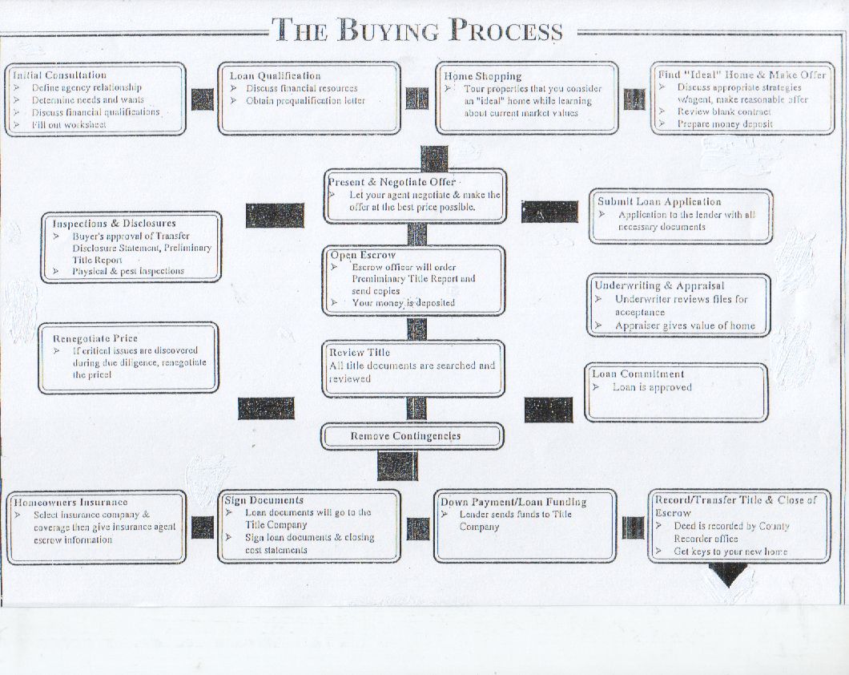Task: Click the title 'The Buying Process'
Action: pyautogui.click(x=417, y=30)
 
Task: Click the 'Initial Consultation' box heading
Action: pyautogui.click(x=59, y=75)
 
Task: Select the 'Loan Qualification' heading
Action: pyautogui.click(x=275, y=76)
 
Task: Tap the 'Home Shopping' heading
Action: pyautogui.click(x=483, y=76)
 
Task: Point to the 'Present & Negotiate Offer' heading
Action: pyautogui.click(x=392, y=182)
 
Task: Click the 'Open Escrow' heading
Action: pyautogui.click(x=363, y=255)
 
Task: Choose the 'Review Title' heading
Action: pyautogui.click(x=360, y=353)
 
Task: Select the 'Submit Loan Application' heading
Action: pyautogui.click(x=659, y=202)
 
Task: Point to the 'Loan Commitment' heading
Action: pyautogui.click(x=638, y=374)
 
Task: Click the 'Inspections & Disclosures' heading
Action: pyautogui.click(x=114, y=224)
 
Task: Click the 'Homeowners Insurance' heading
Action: pyautogui.click(x=70, y=503)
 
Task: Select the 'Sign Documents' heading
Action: pyautogui.click(x=264, y=500)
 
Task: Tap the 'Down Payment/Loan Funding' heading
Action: pyautogui.click(x=513, y=503)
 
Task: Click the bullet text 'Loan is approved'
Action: pyautogui.click(x=652, y=387)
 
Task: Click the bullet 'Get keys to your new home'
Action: pyautogui.click(x=730, y=552)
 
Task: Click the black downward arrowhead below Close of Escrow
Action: pyautogui.click(x=729, y=575)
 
